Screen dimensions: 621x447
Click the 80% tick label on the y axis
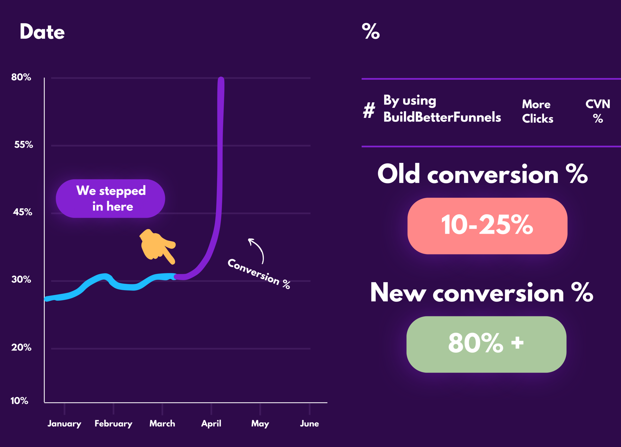(21, 77)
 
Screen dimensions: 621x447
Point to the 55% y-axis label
(24, 145)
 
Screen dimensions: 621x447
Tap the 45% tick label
(23, 212)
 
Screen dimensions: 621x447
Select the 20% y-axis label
(21, 347)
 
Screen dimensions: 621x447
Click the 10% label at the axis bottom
(19, 401)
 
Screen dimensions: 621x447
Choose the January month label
(64, 424)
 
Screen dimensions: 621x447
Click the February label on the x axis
(114, 424)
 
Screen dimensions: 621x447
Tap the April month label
(211, 424)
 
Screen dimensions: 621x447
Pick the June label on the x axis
(309, 423)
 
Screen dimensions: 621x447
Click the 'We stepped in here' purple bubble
(110, 198)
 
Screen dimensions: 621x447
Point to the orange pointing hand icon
(157, 246)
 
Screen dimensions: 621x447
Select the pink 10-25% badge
(487, 226)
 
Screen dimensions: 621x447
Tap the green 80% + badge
(486, 344)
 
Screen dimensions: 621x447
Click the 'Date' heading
(42, 32)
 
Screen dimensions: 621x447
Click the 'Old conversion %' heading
(482, 174)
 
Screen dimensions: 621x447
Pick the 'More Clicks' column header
(538, 111)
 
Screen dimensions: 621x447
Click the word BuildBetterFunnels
(442, 117)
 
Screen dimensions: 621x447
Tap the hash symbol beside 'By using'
(369, 110)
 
